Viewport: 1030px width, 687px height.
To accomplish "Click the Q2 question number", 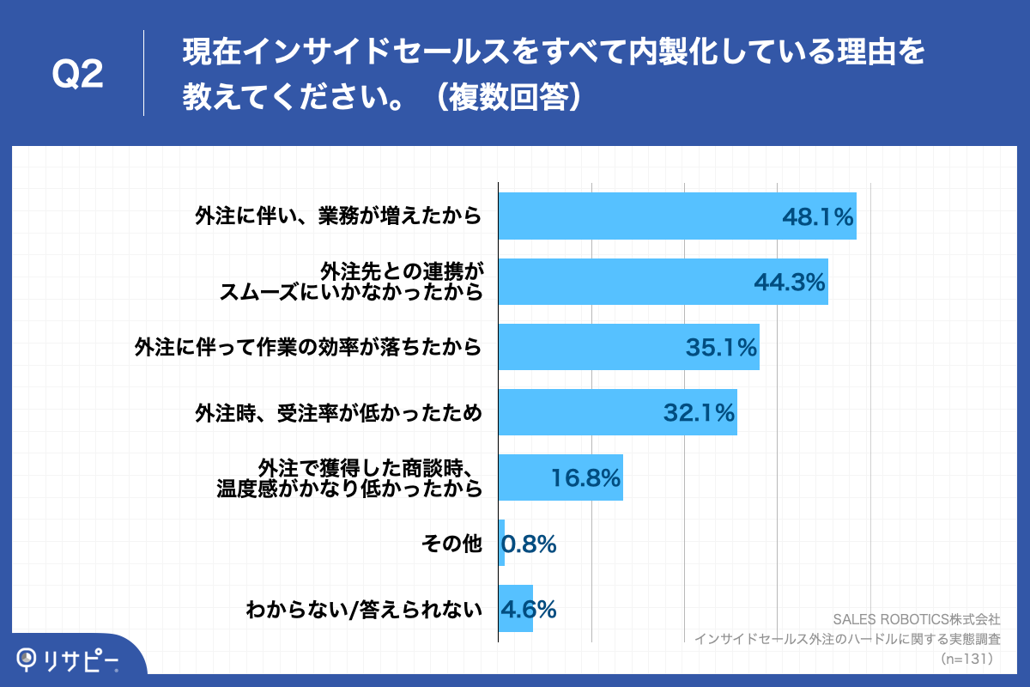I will (78, 75).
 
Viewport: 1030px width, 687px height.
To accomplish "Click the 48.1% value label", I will (817, 216).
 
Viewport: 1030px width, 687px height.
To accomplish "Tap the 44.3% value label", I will (789, 282).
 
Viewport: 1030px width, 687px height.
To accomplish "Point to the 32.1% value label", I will (699, 413).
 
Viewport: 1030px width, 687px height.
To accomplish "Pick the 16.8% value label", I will (585, 478).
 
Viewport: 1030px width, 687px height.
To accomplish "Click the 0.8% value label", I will (530, 544).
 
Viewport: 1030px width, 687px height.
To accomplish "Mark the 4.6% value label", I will (529, 609).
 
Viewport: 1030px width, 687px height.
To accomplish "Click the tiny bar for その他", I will (501, 543).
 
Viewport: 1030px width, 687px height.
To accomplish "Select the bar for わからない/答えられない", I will (516, 609).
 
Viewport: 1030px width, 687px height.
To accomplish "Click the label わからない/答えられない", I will (364, 610).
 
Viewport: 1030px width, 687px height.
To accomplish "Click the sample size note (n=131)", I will (966, 659).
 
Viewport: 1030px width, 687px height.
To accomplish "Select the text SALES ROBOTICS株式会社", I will (917, 618).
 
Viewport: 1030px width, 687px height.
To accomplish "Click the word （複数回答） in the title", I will (512, 97).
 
